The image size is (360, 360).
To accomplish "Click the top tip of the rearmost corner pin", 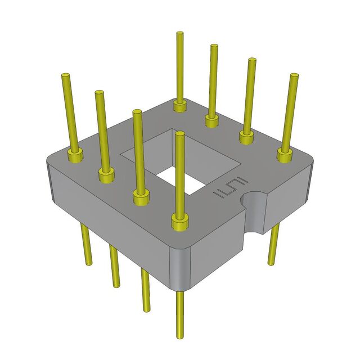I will click(x=179, y=35).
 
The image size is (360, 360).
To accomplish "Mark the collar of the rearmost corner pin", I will click(x=179, y=105).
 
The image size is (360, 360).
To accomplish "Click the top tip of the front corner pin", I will click(x=179, y=134).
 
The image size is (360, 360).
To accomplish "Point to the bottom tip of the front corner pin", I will click(x=180, y=336).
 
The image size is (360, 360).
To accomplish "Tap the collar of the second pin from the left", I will click(x=106, y=175).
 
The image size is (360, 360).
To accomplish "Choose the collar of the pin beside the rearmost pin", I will click(x=211, y=120).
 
